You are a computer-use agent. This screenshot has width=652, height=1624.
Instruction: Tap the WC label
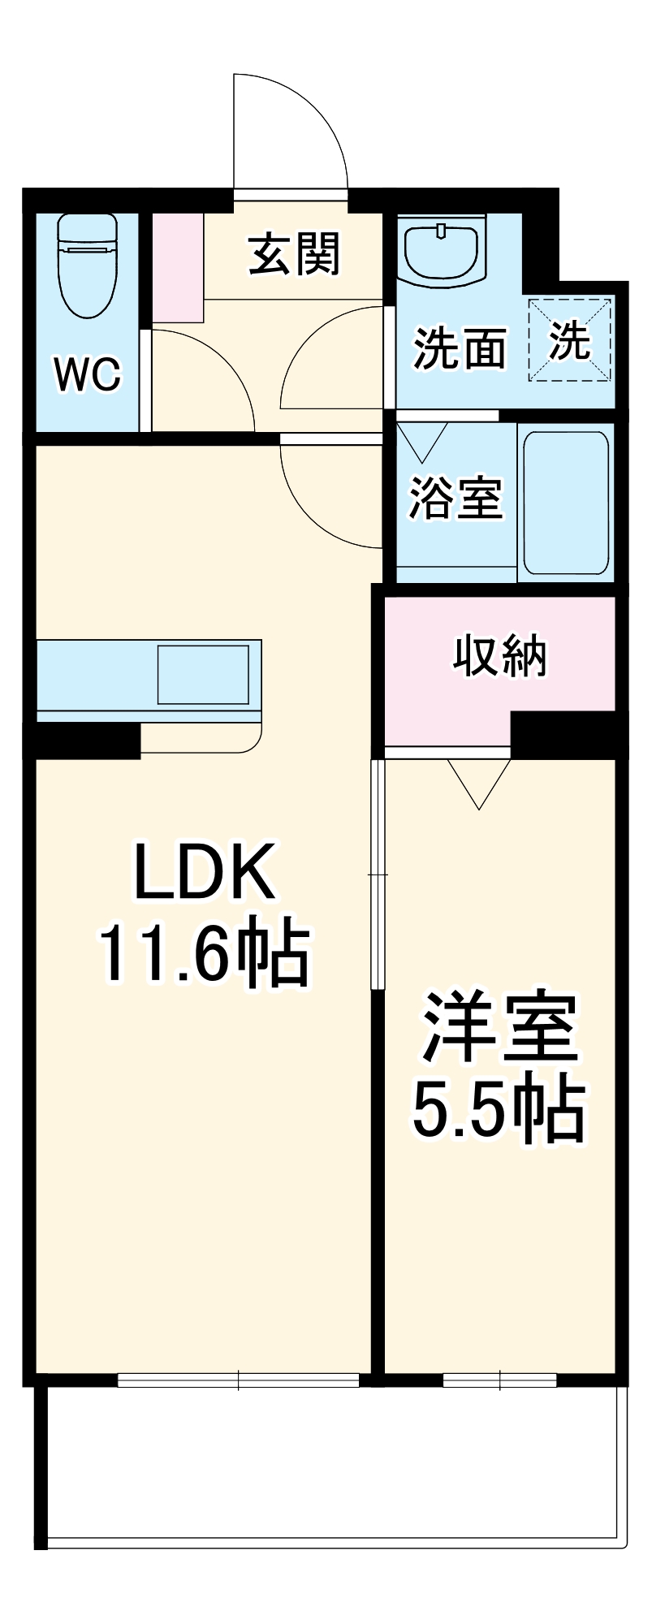(x=88, y=374)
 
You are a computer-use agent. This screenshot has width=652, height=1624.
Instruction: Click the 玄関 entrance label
(x=294, y=254)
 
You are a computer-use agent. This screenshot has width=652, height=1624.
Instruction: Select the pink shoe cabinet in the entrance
(x=178, y=267)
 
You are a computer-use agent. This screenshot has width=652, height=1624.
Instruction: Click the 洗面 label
(x=460, y=349)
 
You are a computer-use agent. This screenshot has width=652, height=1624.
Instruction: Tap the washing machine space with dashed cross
(x=569, y=341)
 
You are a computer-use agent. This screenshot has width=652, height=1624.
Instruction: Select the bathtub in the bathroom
(x=566, y=503)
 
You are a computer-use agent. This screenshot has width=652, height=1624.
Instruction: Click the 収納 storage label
(x=499, y=655)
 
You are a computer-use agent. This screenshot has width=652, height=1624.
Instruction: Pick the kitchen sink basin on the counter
(x=203, y=674)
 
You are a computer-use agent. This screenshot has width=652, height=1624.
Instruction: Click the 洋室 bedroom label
(x=499, y=1027)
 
